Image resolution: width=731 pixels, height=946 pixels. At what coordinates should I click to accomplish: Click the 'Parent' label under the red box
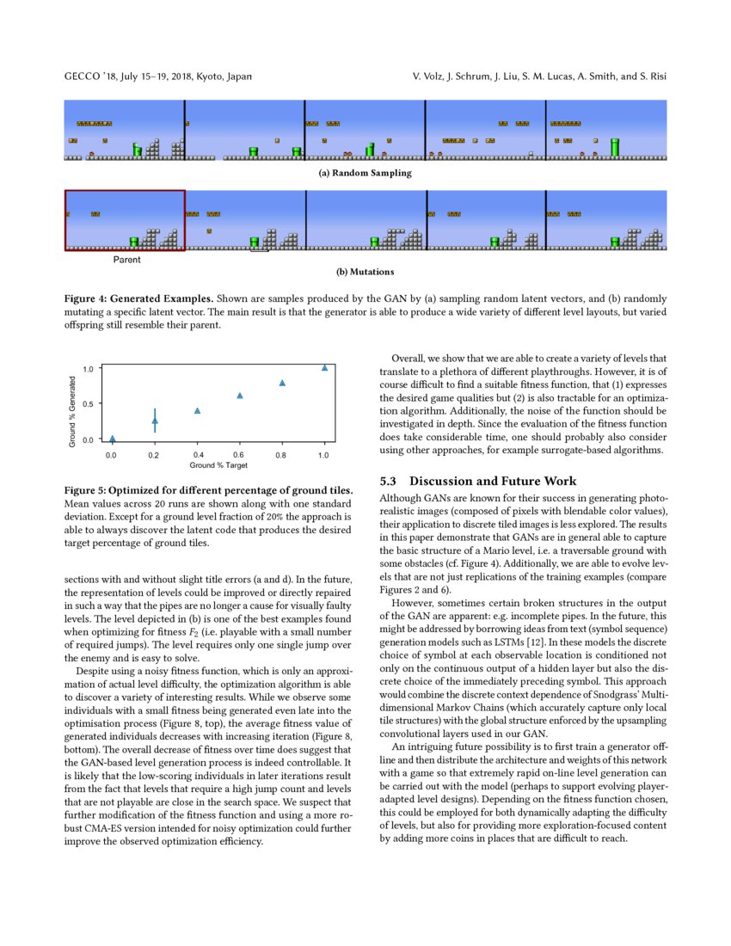tap(127, 258)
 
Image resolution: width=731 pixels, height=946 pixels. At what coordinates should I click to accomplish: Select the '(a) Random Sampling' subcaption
tap(365, 173)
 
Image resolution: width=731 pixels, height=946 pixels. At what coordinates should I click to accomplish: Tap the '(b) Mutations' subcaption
tap(365, 273)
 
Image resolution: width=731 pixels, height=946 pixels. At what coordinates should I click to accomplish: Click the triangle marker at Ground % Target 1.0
tap(324, 367)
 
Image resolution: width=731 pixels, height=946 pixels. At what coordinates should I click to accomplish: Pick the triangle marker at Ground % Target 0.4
tap(197, 411)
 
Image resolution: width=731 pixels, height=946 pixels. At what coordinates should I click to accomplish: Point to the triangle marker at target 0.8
tap(282, 383)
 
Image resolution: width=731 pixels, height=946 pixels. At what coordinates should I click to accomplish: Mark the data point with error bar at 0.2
tap(155, 421)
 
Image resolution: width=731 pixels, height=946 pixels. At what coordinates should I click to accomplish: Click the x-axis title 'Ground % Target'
tap(218, 465)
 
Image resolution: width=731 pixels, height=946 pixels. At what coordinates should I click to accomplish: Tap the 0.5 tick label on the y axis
tap(89, 403)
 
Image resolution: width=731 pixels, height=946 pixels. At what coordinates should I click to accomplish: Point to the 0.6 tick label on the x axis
tap(239, 453)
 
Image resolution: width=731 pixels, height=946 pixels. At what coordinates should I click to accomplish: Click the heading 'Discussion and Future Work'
tap(493, 481)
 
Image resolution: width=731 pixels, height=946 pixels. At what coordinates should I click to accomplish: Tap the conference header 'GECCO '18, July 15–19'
tap(158, 77)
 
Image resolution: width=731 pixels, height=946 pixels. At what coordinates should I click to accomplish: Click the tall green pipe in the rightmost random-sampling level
tap(614, 146)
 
